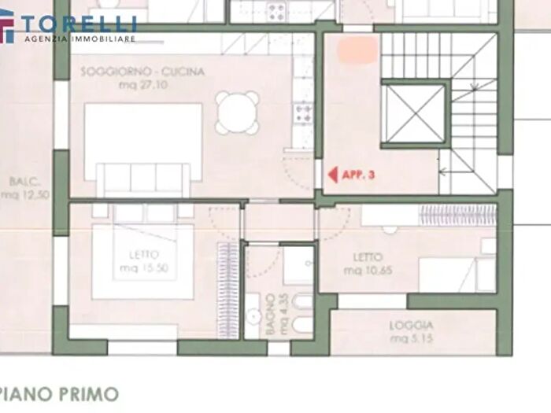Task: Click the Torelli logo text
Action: pos(79,23)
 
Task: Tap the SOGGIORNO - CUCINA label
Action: pos(142,72)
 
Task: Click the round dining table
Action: pos(238,112)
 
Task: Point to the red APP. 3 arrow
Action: pos(333,175)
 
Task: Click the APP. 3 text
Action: pos(359,175)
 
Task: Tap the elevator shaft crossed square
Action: pos(413,114)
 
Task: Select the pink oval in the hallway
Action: pos(357,51)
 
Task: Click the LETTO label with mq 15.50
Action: pos(143,255)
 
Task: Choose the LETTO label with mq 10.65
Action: pos(368,257)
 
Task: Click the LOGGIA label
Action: pos(411,325)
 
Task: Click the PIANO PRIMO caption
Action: pos(60,393)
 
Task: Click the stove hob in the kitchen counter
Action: pos(301,115)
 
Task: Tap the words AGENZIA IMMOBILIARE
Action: pos(80,39)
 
